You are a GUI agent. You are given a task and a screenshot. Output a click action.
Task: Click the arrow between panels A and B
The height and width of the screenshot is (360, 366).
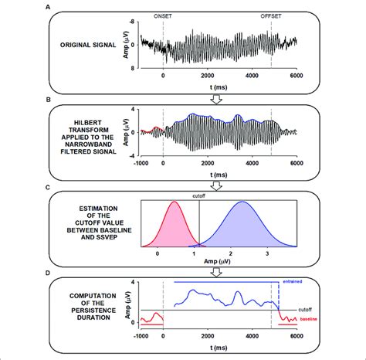(183, 94)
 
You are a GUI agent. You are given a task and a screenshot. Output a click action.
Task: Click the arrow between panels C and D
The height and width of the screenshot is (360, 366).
(183, 267)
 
